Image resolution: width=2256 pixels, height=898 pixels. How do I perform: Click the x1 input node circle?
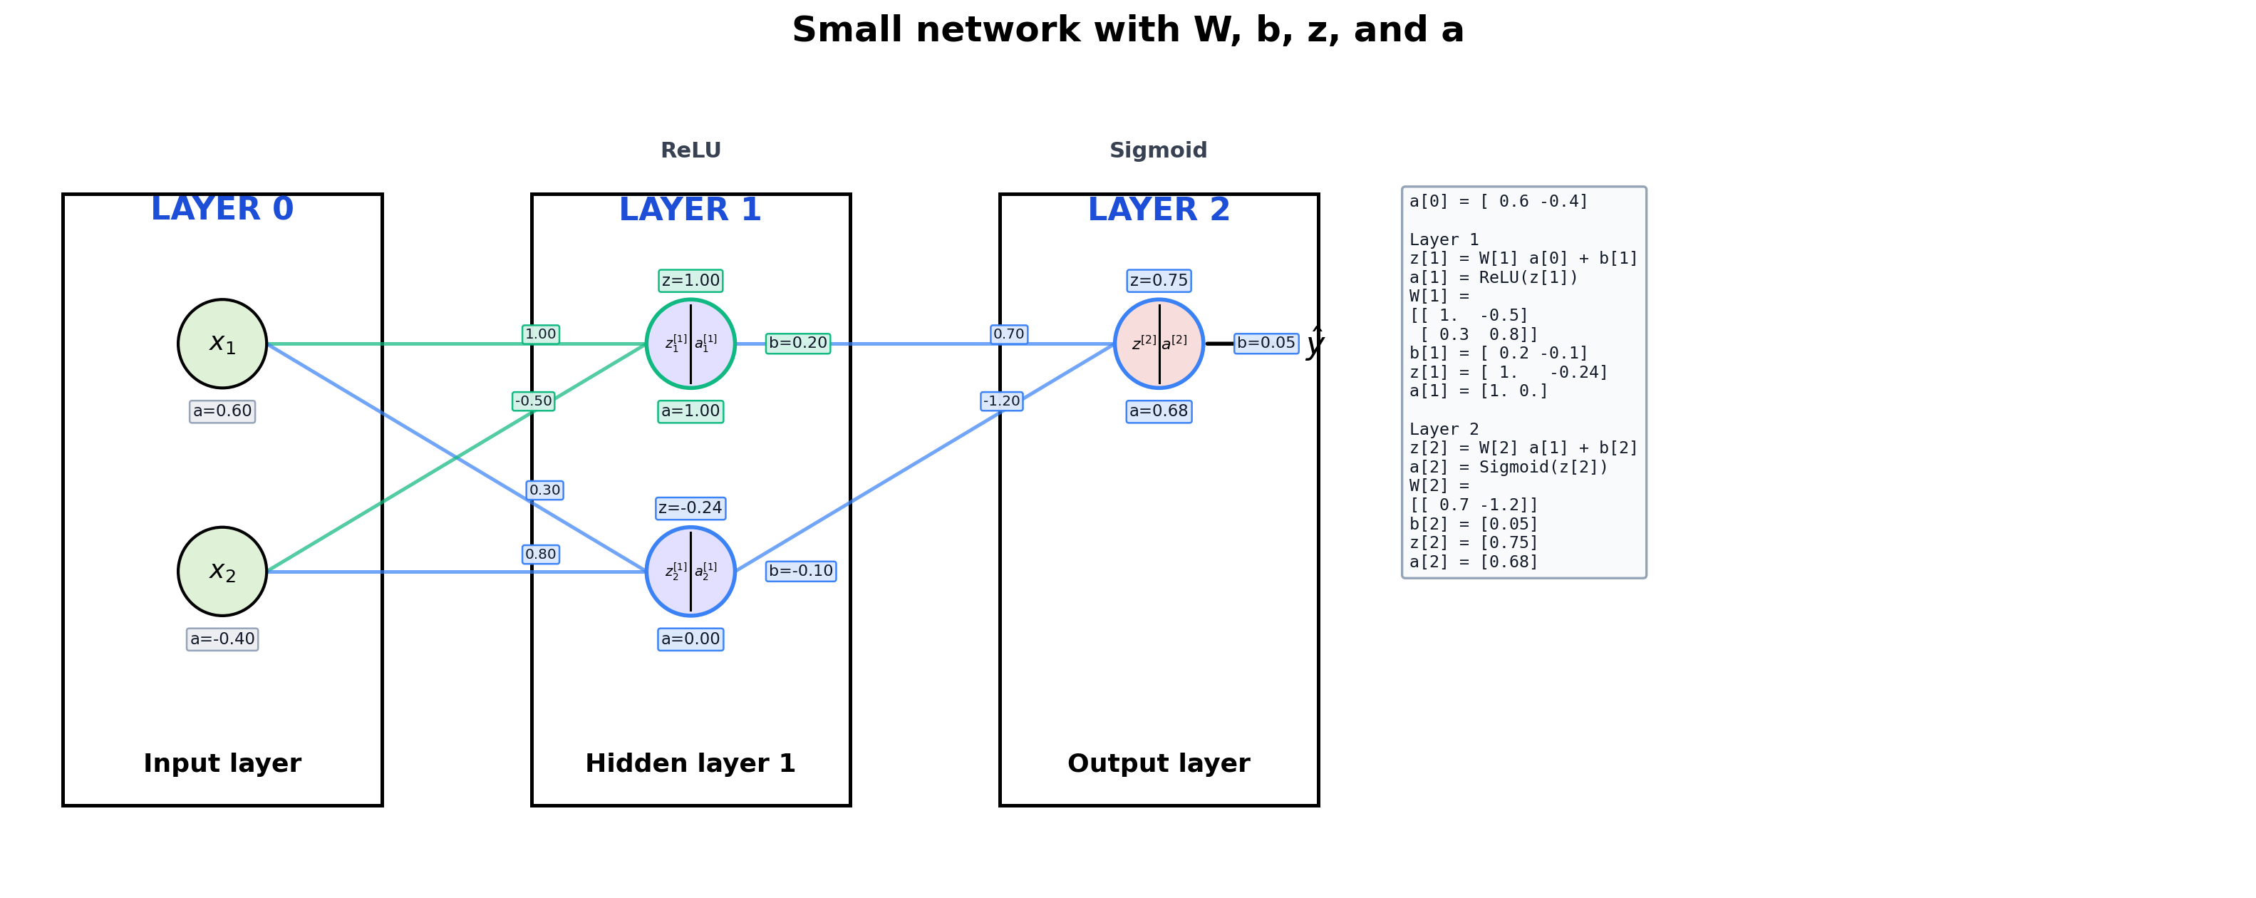(x=222, y=344)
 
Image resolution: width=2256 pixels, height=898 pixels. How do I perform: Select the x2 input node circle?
(x=222, y=571)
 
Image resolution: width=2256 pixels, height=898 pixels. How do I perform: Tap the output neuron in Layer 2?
(x=1159, y=344)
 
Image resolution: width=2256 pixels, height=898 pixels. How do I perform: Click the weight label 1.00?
(x=540, y=334)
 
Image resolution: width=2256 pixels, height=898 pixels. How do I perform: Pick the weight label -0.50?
(x=533, y=401)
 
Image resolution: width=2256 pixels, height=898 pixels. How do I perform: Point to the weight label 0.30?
(x=544, y=490)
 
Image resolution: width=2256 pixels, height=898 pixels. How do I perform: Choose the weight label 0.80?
(x=540, y=554)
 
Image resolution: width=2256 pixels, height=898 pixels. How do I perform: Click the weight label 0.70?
(x=1009, y=334)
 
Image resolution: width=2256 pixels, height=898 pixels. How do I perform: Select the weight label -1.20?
(x=1001, y=401)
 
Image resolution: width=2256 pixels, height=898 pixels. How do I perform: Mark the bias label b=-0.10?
(x=800, y=571)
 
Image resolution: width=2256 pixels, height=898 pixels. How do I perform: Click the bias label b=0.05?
(x=1266, y=343)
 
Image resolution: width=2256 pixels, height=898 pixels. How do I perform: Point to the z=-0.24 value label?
(x=690, y=508)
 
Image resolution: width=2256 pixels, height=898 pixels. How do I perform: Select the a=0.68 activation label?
(x=1159, y=411)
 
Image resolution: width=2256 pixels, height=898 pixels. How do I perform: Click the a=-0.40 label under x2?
(x=222, y=639)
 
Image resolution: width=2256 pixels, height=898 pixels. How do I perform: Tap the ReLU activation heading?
(x=690, y=150)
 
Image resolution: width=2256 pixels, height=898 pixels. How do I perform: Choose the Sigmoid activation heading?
(x=1158, y=150)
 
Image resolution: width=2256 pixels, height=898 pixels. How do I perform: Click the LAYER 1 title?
(x=690, y=210)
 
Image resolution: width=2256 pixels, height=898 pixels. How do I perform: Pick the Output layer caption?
(x=1159, y=764)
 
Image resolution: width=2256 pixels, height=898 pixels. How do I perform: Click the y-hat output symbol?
(x=1314, y=344)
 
